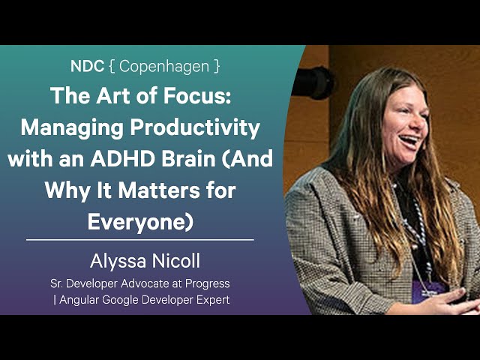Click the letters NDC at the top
point(88,66)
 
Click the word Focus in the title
point(196,97)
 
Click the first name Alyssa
point(116,261)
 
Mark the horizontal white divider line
point(140,240)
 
